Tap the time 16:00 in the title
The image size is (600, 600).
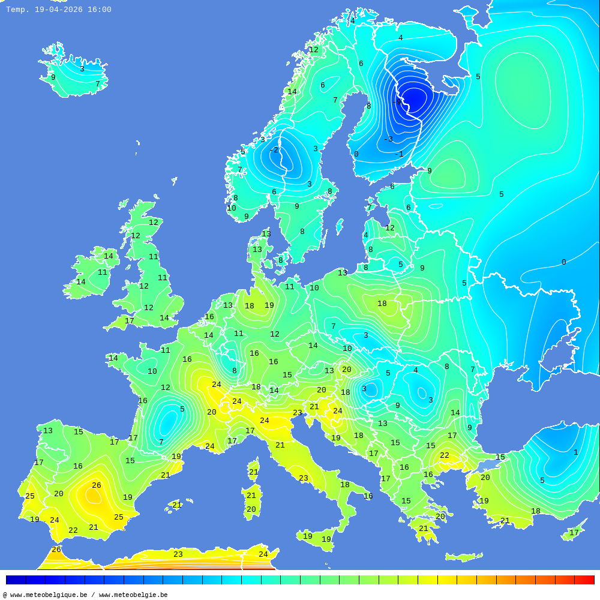[x=100, y=10]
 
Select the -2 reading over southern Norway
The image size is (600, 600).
[x=274, y=150]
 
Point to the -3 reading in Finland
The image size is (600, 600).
[x=388, y=139]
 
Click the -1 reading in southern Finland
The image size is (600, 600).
[x=399, y=154]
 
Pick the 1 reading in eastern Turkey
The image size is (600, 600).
[x=575, y=452]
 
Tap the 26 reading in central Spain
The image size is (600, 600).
[x=97, y=485]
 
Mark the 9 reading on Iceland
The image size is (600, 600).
[x=53, y=77]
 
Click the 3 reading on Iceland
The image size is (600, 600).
[x=82, y=69]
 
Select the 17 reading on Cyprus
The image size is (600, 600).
[x=574, y=533]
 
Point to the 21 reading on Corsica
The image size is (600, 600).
[x=253, y=472]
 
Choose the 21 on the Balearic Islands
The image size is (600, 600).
[x=177, y=505]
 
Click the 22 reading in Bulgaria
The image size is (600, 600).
[x=445, y=455]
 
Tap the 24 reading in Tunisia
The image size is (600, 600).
[x=263, y=554]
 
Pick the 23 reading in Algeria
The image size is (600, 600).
[x=178, y=554]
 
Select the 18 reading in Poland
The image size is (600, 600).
[x=382, y=304]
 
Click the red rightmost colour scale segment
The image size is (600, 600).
[x=584, y=580]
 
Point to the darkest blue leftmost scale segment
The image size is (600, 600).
[x=16, y=580]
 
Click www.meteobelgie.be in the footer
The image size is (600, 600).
[x=133, y=595]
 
